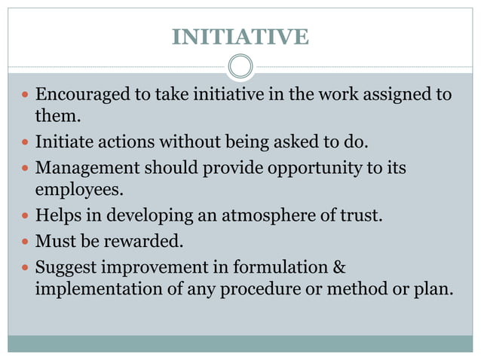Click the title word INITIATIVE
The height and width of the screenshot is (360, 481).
[x=240, y=36]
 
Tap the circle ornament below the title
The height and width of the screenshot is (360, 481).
[x=240, y=66]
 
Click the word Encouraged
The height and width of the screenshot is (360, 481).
[x=82, y=95]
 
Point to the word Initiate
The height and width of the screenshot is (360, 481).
[x=63, y=141]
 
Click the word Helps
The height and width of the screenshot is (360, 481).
[x=57, y=216]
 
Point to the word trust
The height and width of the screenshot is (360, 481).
[x=363, y=216]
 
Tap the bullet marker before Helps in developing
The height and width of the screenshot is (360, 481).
[x=26, y=217]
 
